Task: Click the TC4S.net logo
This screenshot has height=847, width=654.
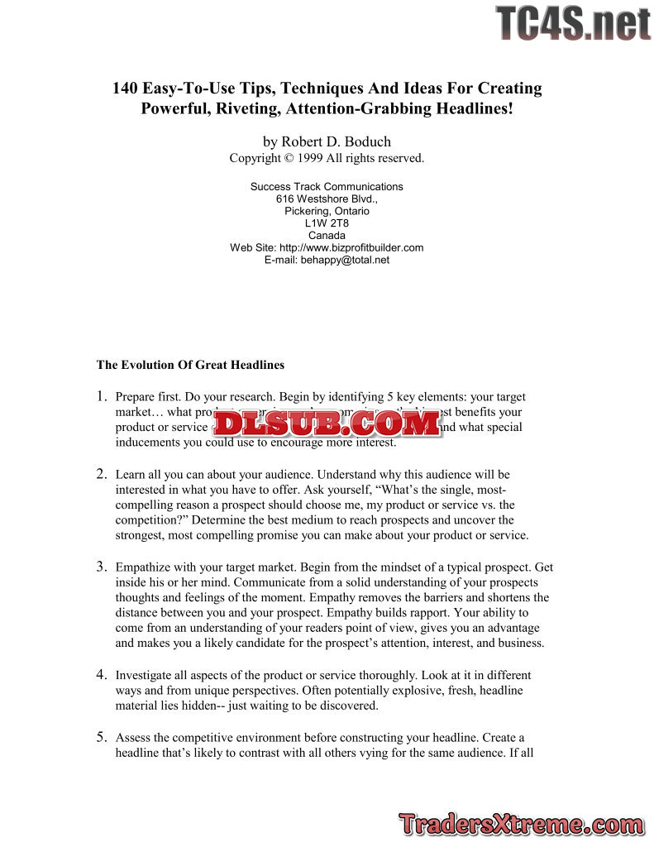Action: pos(572,23)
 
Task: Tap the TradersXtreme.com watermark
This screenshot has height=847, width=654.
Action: pos(521,824)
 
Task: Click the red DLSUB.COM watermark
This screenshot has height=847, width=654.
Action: pos(327,423)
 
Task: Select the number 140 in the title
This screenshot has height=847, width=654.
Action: pos(127,89)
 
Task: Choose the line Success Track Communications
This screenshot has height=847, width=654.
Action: pos(327,187)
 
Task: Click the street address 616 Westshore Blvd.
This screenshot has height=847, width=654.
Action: pos(327,199)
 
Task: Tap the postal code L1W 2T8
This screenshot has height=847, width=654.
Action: pos(327,223)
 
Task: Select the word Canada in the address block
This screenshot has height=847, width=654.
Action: pos(327,235)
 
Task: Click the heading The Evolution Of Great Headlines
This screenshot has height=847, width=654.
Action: pos(190,364)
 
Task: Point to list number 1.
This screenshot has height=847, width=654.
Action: pos(101,396)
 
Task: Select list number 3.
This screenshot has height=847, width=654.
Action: pos(101,567)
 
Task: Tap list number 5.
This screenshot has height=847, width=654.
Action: pos(101,736)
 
